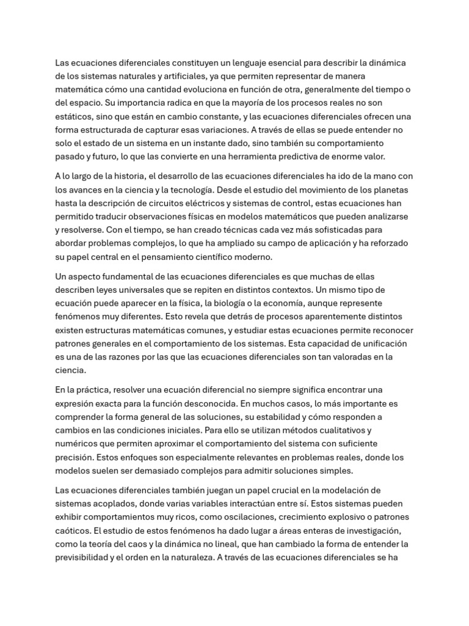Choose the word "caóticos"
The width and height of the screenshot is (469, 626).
point(74,531)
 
